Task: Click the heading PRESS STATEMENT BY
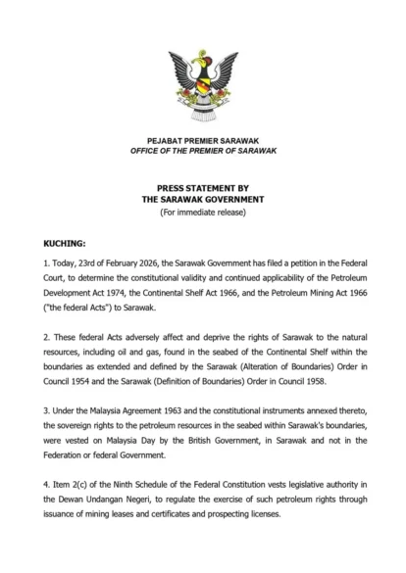[x=202, y=186]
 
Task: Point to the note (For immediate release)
[x=202, y=213]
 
